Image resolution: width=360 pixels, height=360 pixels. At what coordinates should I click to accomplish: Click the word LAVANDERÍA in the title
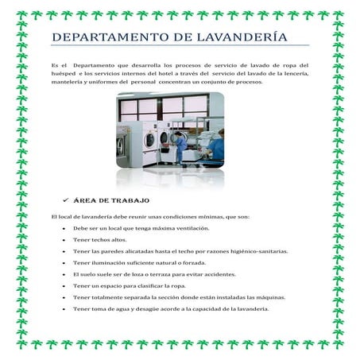point(242,37)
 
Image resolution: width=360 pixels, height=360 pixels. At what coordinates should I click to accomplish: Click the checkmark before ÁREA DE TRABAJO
point(66,200)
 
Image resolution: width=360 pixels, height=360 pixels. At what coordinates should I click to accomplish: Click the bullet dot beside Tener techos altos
point(64,240)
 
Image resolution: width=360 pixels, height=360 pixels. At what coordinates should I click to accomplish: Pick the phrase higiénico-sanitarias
point(261,251)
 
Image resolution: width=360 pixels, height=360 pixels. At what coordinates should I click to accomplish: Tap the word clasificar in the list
point(149,286)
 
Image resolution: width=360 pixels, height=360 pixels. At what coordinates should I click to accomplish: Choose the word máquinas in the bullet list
point(270,298)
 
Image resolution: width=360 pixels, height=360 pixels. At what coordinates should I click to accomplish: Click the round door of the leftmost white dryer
point(149,140)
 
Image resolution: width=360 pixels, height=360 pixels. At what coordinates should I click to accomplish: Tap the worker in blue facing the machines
point(180,148)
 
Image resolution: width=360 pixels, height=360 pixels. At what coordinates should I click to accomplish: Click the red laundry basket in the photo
point(166,145)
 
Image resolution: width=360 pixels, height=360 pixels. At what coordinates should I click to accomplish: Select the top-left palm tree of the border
point(21,16)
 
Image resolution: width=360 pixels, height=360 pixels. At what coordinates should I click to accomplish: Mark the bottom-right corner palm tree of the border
point(339,344)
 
